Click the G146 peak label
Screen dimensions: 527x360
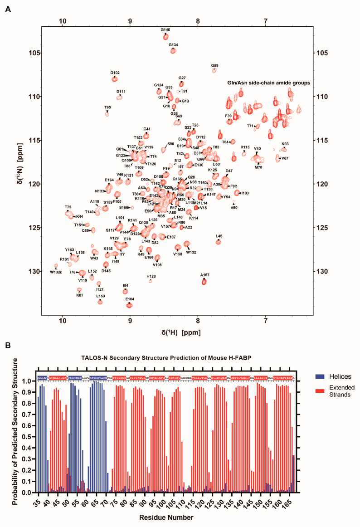[166, 30]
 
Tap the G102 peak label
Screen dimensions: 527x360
[115, 73]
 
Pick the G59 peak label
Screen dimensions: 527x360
[215, 66]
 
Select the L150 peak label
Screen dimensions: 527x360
[101, 296]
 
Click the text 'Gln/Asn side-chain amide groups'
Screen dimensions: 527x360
[268, 83]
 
